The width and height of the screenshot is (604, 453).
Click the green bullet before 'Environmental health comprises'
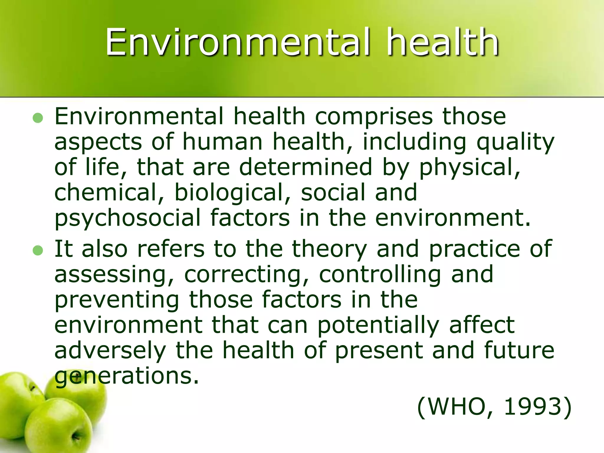tap(38, 118)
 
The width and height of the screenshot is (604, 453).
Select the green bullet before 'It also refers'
tap(38, 251)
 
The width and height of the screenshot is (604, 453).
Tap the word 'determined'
tap(306, 167)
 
